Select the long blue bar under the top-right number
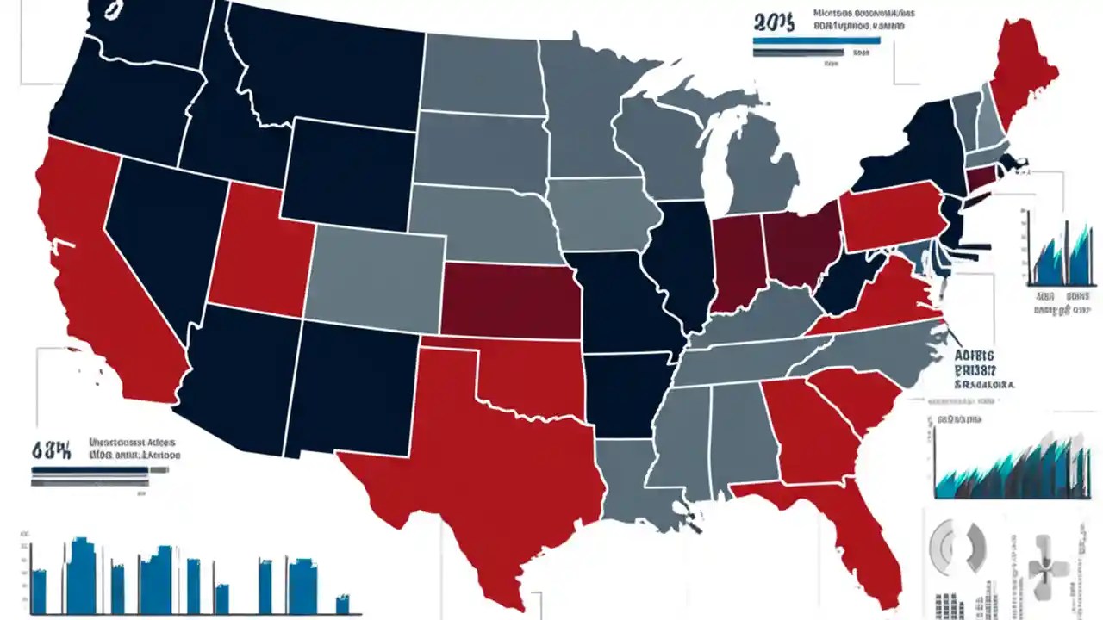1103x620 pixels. coord(815,40)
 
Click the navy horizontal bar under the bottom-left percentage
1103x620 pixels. coord(90,471)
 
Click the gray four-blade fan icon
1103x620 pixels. coord(1047,569)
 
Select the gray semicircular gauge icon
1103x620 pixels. coord(957,547)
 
